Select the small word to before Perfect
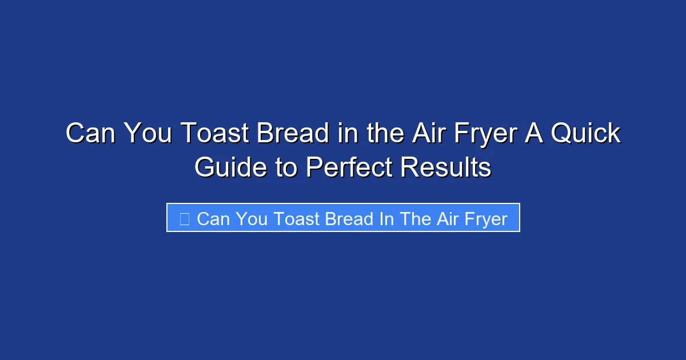tap(285, 168)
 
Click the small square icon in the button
tap(184, 218)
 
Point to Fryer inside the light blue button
tap(485, 218)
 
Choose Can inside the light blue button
tap(213, 218)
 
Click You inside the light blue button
tap(251, 218)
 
